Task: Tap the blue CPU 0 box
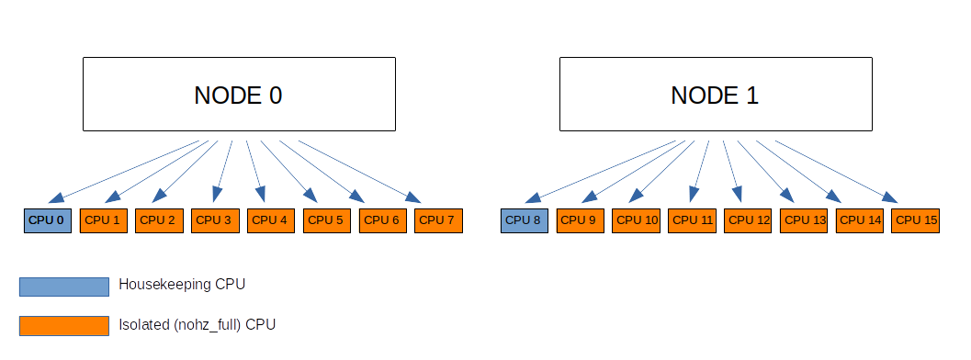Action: pyautogui.click(x=47, y=220)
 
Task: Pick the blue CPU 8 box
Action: pyautogui.click(x=524, y=220)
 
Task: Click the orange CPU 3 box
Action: pyautogui.click(x=214, y=220)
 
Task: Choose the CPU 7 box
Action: pyautogui.click(x=438, y=220)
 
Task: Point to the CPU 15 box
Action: pyautogui.click(x=915, y=220)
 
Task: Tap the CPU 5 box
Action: pyautogui.click(x=326, y=220)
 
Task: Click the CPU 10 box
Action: pyautogui.click(x=636, y=220)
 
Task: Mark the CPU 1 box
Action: pyautogui.click(x=103, y=220)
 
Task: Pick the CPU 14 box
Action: pyautogui.click(x=860, y=220)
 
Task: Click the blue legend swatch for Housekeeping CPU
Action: pyautogui.click(x=63, y=286)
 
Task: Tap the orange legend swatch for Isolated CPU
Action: pyautogui.click(x=63, y=325)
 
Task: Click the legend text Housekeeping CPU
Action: pyautogui.click(x=182, y=285)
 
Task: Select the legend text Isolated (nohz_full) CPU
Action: pyautogui.click(x=197, y=324)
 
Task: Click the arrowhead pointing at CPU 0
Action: pyautogui.click(x=56, y=197)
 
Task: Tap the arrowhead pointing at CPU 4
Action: pyautogui.click(x=262, y=194)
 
